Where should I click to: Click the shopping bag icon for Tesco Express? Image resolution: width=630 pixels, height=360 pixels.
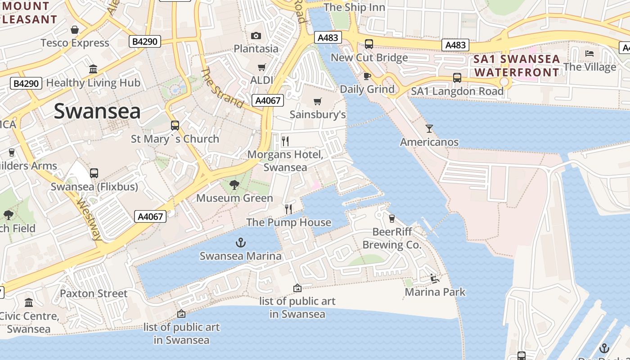(x=75, y=30)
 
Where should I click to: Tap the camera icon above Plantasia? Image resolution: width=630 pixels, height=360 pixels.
(x=256, y=36)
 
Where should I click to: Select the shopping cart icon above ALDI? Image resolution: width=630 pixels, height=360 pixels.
(x=261, y=67)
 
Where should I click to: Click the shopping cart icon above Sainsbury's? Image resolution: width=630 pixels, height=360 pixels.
(x=318, y=101)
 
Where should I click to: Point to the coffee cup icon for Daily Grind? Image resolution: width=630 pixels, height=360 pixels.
(x=367, y=76)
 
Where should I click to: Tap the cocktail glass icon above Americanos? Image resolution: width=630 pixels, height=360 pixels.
(x=429, y=129)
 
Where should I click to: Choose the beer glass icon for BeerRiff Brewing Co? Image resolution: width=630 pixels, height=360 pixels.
(x=391, y=218)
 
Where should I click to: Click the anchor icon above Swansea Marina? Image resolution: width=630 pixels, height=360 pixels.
(x=241, y=243)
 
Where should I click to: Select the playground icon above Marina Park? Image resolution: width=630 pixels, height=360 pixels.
(x=435, y=279)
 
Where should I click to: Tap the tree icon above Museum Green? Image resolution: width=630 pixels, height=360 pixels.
(x=234, y=184)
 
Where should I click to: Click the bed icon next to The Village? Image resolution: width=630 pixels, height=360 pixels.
(x=589, y=54)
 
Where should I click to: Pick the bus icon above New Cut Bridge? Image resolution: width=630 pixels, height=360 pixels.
(x=369, y=44)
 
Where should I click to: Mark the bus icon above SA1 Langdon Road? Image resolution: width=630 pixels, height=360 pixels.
(x=457, y=78)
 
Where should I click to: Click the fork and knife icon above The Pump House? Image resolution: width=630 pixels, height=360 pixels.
(x=288, y=209)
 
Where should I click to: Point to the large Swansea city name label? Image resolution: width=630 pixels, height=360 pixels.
(x=97, y=111)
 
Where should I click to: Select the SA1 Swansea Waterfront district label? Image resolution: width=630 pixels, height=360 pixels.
(x=517, y=66)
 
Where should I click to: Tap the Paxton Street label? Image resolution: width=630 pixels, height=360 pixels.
(x=94, y=293)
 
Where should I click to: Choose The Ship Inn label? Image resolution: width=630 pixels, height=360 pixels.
(x=354, y=7)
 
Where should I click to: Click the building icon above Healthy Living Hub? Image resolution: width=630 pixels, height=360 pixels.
(x=93, y=69)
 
